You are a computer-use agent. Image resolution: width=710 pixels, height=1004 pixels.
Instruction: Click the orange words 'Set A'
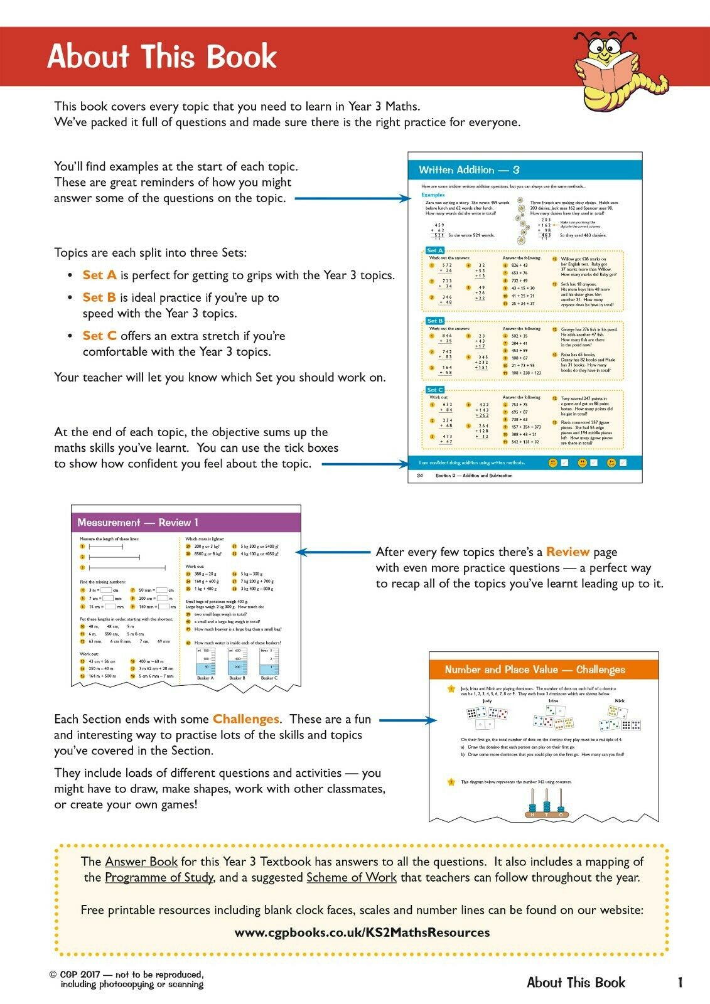[99, 275]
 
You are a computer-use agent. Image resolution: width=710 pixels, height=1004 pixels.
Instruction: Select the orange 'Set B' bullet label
[99, 297]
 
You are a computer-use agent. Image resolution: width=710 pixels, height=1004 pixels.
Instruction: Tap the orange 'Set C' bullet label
[99, 336]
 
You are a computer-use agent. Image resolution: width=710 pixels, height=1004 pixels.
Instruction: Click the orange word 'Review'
[567, 552]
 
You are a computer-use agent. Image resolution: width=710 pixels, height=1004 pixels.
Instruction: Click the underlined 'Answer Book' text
[141, 862]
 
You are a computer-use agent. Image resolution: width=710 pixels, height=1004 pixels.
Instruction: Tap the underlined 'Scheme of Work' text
[351, 877]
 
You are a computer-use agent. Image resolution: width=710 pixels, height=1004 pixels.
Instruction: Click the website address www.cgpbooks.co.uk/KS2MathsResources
[362, 932]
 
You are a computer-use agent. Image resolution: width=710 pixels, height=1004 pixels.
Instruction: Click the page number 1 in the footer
[679, 983]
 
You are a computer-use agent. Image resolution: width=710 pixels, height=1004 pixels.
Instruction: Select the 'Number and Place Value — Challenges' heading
[535, 670]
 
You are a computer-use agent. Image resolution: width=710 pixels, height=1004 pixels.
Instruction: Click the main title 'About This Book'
[161, 56]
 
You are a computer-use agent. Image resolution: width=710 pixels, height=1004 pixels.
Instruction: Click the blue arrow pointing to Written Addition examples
[352, 199]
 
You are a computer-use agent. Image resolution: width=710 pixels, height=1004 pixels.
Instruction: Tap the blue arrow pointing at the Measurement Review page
[333, 552]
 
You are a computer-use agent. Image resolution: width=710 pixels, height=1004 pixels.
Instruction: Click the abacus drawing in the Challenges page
[547, 805]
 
